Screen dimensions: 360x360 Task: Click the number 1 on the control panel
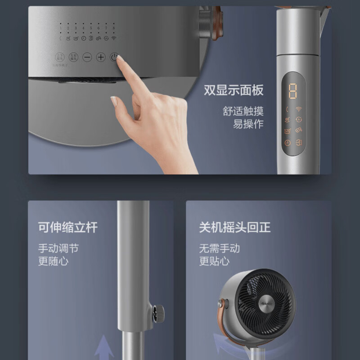click(61, 28)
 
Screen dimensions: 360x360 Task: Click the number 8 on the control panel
click(113, 28)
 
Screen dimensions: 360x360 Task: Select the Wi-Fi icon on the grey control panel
click(113, 39)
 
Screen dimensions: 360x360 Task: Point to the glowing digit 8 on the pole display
click(293, 90)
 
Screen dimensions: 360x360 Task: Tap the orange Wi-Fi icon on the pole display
click(299, 109)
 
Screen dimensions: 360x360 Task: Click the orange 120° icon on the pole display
click(288, 131)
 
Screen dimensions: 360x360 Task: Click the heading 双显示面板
click(234, 90)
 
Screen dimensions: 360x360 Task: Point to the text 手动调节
click(58, 248)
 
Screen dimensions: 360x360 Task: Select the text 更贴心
click(214, 261)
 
